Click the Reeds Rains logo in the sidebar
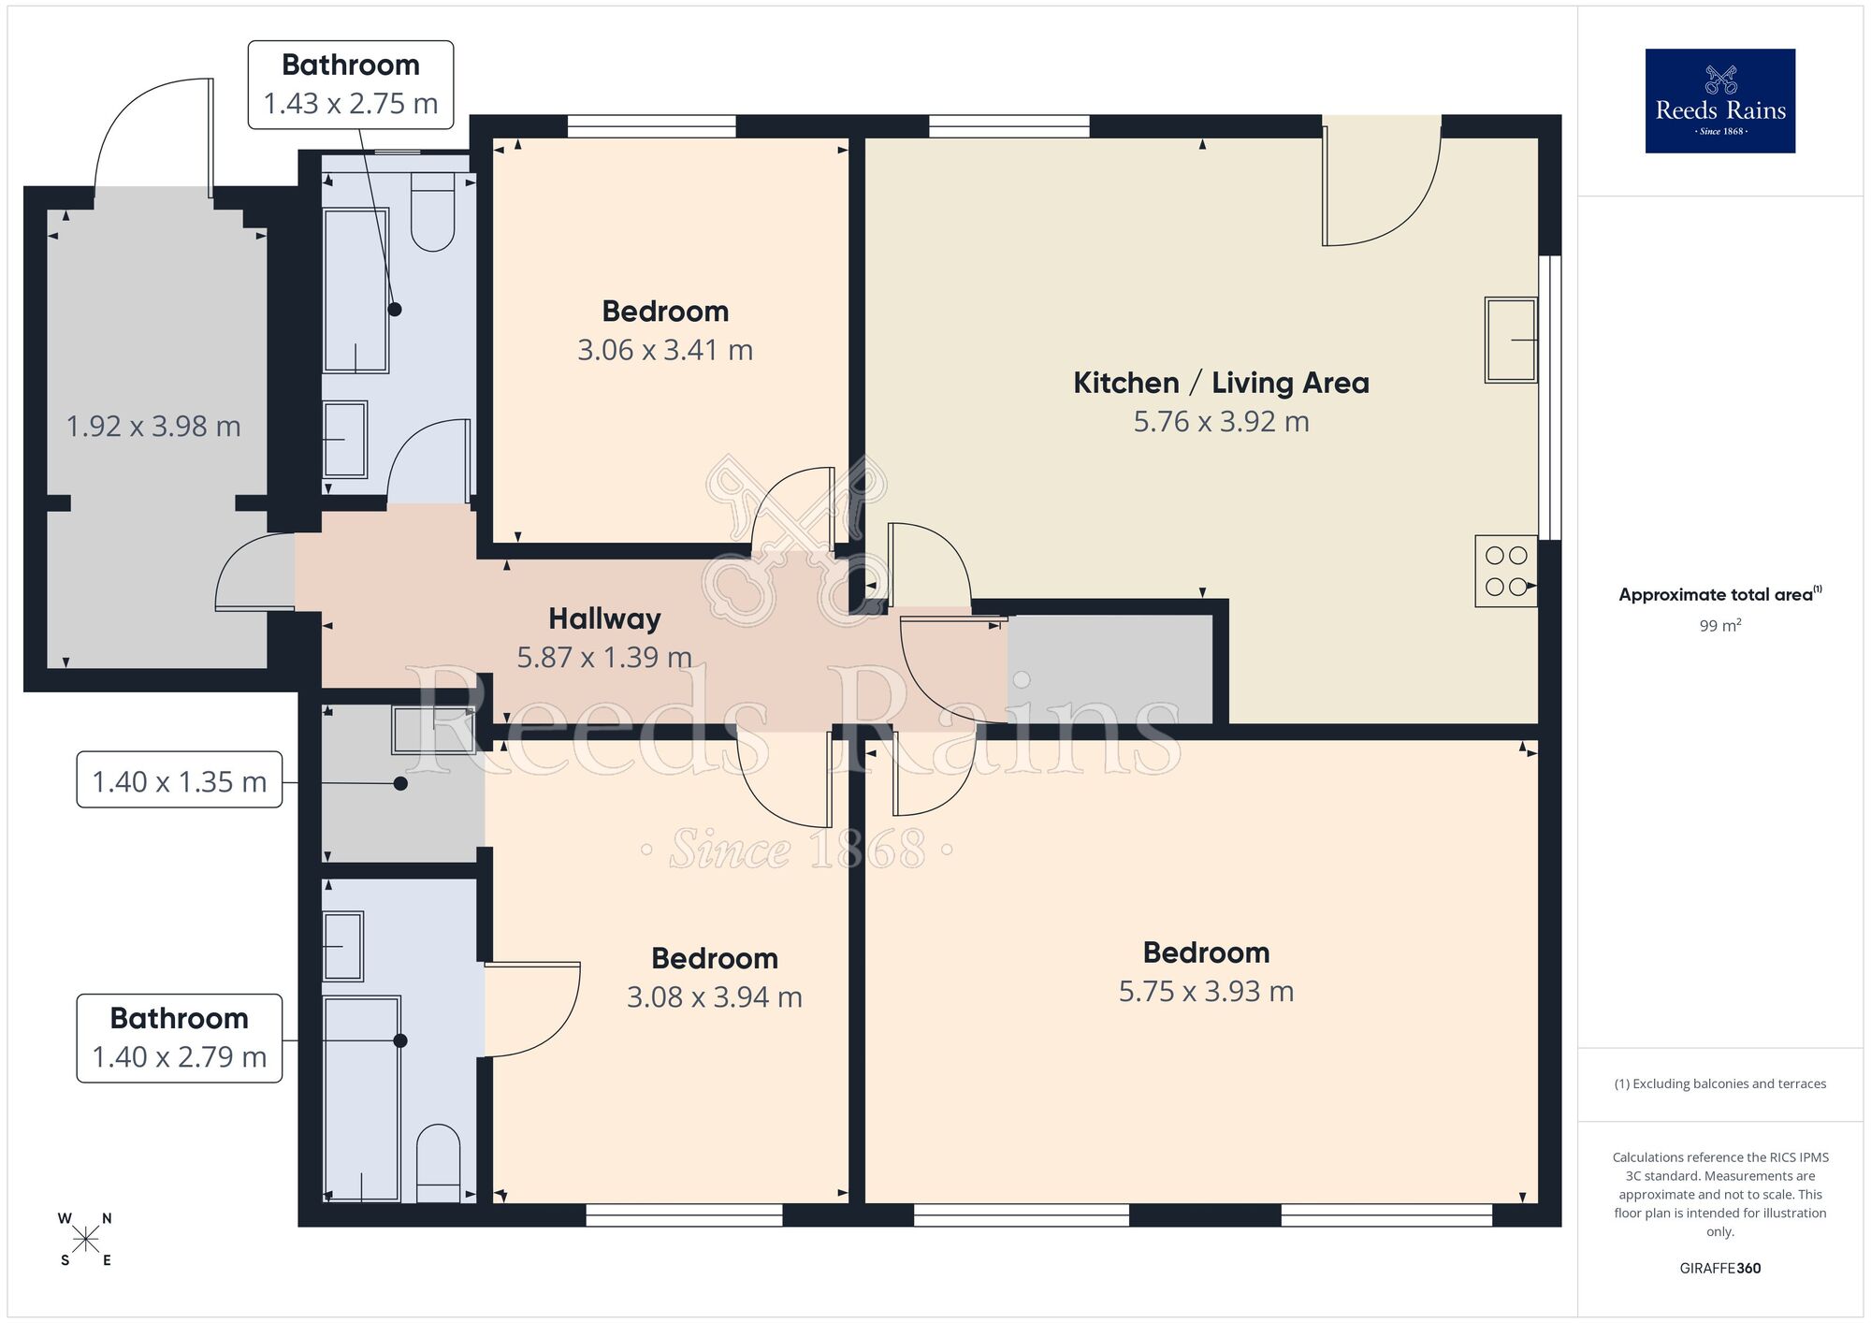click(x=1719, y=101)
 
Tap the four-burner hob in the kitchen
click(x=1505, y=571)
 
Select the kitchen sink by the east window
click(x=1510, y=341)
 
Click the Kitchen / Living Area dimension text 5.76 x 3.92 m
click(x=1221, y=422)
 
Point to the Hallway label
click(x=604, y=618)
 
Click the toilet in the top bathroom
click(x=432, y=220)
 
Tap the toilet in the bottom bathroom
click(x=438, y=1162)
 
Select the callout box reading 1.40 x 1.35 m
click(x=179, y=780)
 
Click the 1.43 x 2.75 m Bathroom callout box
click(x=351, y=84)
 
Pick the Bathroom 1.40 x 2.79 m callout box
click(x=179, y=1039)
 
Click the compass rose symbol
click(x=85, y=1240)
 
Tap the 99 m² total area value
click(x=1719, y=626)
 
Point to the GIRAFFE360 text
click(x=1719, y=1269)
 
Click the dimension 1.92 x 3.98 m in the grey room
click(x=153, y=427)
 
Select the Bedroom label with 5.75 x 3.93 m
click(x=1206, y=952)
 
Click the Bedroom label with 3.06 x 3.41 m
click(x=665, y=311)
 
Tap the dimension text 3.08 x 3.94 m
click(x=714, y=997)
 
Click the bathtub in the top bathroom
click(x=355, y=290)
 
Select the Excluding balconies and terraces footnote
click(x=1719, y=1084)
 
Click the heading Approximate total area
click(x=1717, y=595)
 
